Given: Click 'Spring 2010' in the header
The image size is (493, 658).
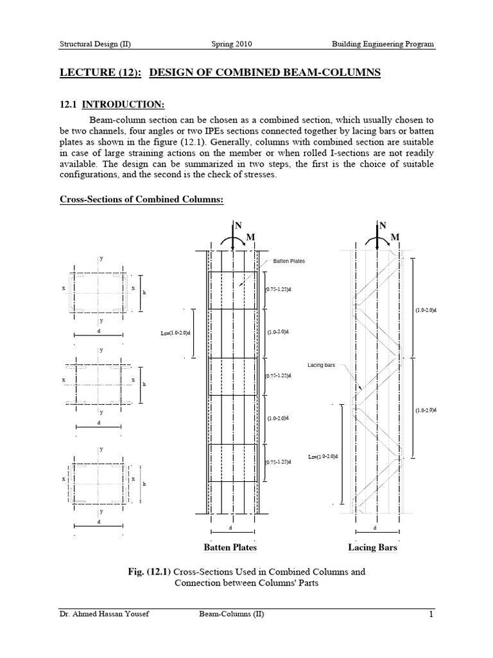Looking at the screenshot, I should [x=232, y=44].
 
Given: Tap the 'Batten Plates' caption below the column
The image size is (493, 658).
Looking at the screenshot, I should [x=230, y=547].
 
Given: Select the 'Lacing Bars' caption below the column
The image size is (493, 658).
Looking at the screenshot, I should [x=372, y=547].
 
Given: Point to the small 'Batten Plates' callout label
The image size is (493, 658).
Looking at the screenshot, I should [x=288, y=261].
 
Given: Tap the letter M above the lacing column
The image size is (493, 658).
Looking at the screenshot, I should [x=395, y=238].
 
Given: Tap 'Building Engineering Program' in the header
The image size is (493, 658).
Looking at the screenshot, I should [x=383, y=44].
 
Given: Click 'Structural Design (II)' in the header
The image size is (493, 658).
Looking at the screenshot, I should [x=95, y=44].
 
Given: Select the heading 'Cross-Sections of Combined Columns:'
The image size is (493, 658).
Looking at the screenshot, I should [x=141, y=200].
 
